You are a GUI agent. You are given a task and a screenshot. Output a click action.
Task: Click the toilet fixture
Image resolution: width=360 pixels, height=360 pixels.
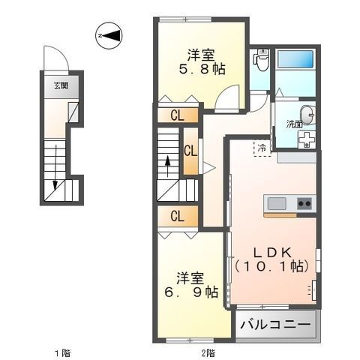tap(262, 59)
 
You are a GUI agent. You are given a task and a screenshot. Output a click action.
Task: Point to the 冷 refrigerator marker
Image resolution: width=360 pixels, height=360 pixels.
tap(262, 147)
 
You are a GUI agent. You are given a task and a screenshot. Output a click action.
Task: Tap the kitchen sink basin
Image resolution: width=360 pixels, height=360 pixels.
tap(275, 203)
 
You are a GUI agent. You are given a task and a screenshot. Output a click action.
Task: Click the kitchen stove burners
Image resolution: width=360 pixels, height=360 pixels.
tap(304, 203)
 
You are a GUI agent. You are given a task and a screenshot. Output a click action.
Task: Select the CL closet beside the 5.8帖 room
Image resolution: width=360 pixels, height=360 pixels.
tap(177, 115)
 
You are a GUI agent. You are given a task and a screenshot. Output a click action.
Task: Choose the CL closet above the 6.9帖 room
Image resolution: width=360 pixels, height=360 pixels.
tap(177, 217)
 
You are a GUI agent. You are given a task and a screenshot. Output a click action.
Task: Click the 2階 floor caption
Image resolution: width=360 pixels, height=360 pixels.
tap(207, 352)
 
